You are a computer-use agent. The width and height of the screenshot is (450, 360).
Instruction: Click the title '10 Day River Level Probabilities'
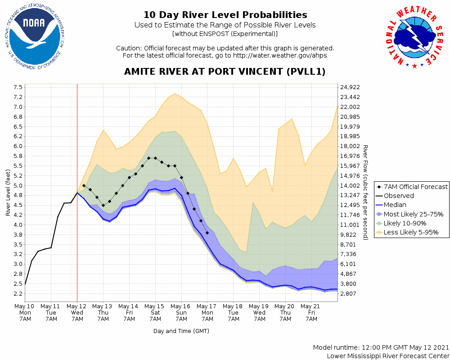(x=225, y=15)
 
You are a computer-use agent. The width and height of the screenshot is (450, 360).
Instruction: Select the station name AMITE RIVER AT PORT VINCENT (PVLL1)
(x=225, y=72)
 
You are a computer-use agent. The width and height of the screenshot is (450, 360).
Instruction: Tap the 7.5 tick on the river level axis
(x=18, y=87)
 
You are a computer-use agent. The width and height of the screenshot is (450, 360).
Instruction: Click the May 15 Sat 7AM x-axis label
(x=155, y=312)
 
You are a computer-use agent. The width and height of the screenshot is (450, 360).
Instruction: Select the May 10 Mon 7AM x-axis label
(x=25, y=312)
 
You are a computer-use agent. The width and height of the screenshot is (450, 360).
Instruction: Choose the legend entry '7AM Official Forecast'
(x=411, y=187)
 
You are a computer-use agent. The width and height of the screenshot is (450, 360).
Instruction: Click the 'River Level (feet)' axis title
(x=8, y=193)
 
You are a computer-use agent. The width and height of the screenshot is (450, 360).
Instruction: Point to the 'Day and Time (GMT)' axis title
(x=181, y=331)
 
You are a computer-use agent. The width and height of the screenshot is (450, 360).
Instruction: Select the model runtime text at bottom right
(x=381, y=348)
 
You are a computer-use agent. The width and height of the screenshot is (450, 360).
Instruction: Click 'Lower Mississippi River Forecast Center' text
(x=388, y=356)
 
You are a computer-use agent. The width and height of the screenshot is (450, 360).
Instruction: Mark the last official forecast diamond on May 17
(x=207, y=233)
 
